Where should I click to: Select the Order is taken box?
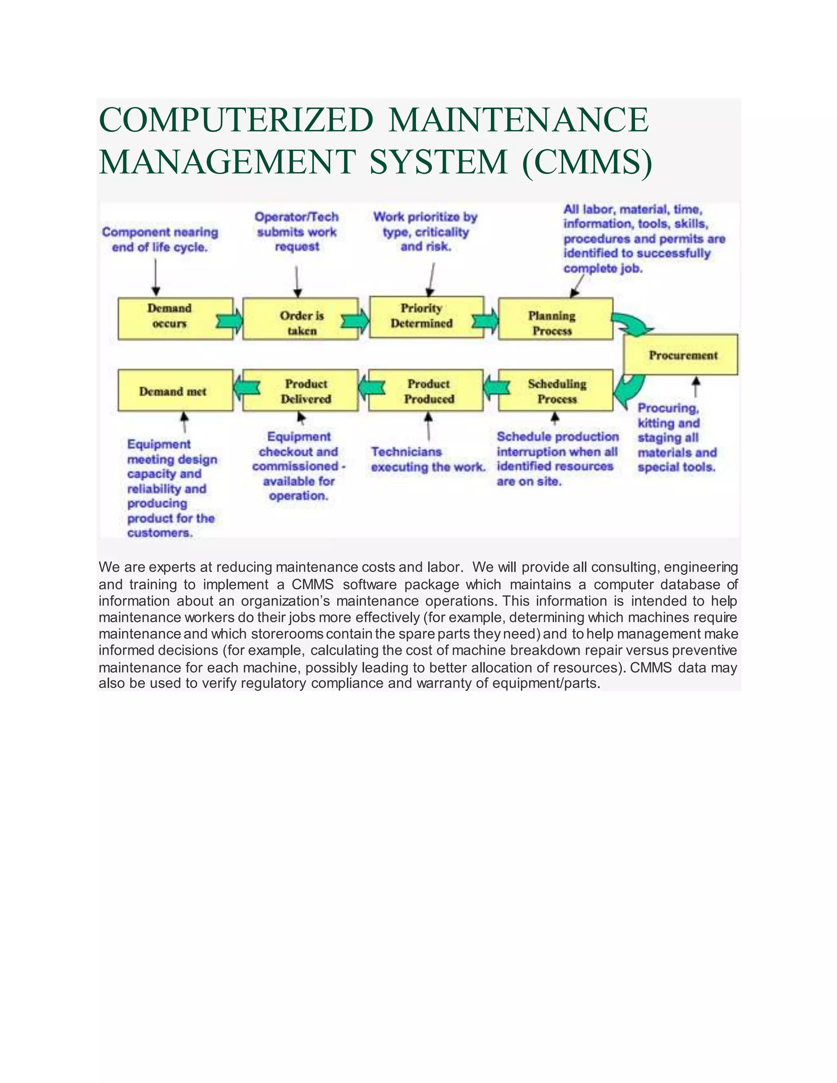click(300, 319)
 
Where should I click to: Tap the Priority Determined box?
click(426, 317)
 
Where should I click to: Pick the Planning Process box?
click(555, 319)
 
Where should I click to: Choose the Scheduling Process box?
click(555, 390)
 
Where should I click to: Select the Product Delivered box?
click(300, 390)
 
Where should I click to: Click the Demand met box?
click(175, 390)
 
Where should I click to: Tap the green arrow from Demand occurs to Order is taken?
click(230, 321)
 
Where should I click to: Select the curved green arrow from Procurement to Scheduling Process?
click(629, 389)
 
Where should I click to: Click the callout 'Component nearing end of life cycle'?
click(160, 239)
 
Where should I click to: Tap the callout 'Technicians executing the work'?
click(427, 459)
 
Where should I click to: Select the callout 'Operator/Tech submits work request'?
click(297, 232)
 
